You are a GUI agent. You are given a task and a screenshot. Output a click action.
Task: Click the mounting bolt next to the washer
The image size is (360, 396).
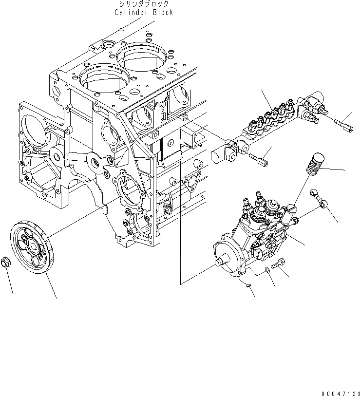pos(278,264)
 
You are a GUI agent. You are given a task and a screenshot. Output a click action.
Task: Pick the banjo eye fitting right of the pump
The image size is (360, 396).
pos(316,196)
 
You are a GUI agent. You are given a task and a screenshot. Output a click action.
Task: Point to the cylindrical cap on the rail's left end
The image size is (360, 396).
pos(217,156)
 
